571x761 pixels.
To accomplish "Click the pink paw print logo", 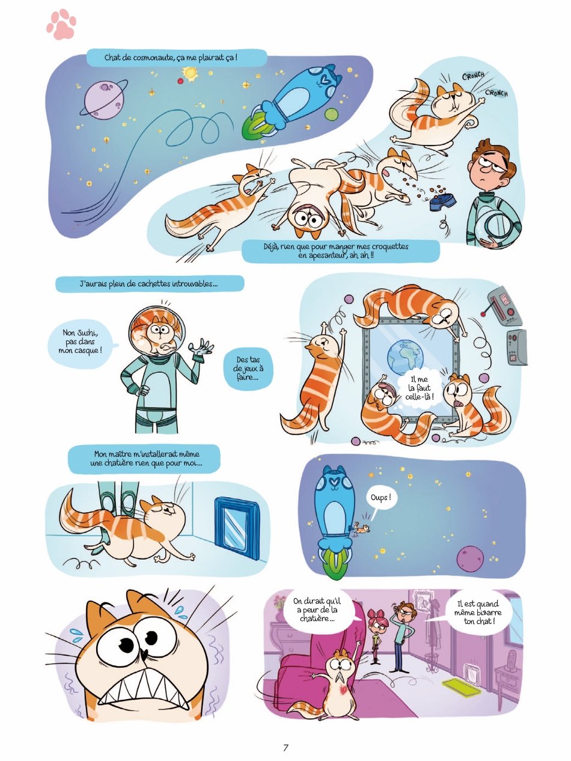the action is pyautogui.click(x=61, y=24).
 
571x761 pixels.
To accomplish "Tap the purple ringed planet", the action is pyautogui.click(x=103, y=98).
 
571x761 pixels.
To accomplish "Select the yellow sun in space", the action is pyautogui.click(x=190, y=73).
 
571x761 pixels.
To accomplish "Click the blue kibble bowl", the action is pyautogui.click(x=441, y=201).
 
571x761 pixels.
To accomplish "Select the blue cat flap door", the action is pyautogui.click(x=237, y=528).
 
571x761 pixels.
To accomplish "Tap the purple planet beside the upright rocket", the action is pyautogui.click(x=470, y=557).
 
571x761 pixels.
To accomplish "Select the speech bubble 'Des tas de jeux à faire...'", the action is pyautogui.click(x=248, y=368).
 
